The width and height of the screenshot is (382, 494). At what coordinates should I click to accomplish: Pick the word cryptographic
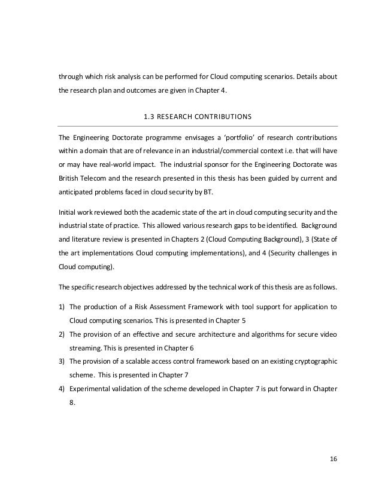point(317,362)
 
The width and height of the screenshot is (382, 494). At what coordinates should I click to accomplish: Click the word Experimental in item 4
point(90,389)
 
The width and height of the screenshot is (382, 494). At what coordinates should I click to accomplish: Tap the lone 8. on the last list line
point(72,404)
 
